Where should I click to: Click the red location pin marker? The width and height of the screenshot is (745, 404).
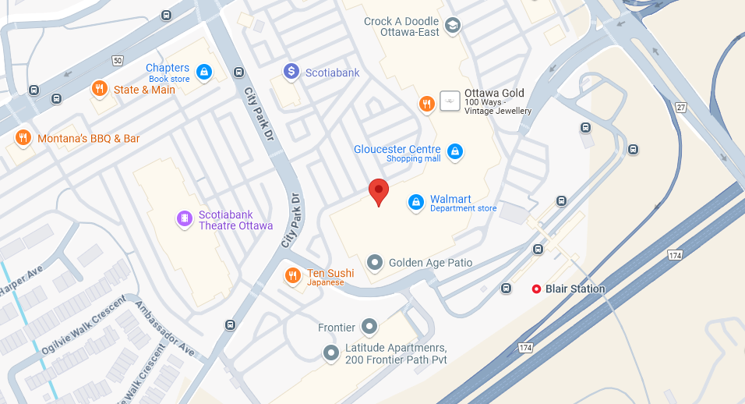click(x=378, y=190)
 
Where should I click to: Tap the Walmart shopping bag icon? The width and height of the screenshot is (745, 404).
click(x=416, y=203)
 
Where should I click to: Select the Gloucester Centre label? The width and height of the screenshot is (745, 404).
click(x=397, y=149)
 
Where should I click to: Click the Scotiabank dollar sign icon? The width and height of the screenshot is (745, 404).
click(x=291, y=73)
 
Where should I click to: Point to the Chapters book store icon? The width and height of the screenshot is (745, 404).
click(x=203, y=73)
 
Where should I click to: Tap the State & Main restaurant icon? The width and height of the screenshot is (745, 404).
click(x=99, y=89)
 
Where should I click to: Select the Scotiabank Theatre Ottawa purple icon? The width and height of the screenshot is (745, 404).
click(x=184, y=219)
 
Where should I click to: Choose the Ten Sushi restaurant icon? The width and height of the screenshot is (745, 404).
click(x=293, y=275)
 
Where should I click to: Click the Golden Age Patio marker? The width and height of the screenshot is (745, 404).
click(x=375, y=263)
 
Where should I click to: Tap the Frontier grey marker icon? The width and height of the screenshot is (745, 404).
click(x=369, y=327)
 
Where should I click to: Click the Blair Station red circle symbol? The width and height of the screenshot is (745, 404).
click(x=536, y=289)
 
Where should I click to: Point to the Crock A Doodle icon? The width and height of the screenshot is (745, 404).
click(x=453, y=27)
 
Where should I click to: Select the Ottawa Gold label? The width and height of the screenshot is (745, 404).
click(x=494, y=93)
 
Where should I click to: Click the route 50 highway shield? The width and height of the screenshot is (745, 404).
click(x=118, y=60)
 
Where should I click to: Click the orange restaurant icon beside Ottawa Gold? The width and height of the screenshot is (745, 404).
click(x=426, y=104)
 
